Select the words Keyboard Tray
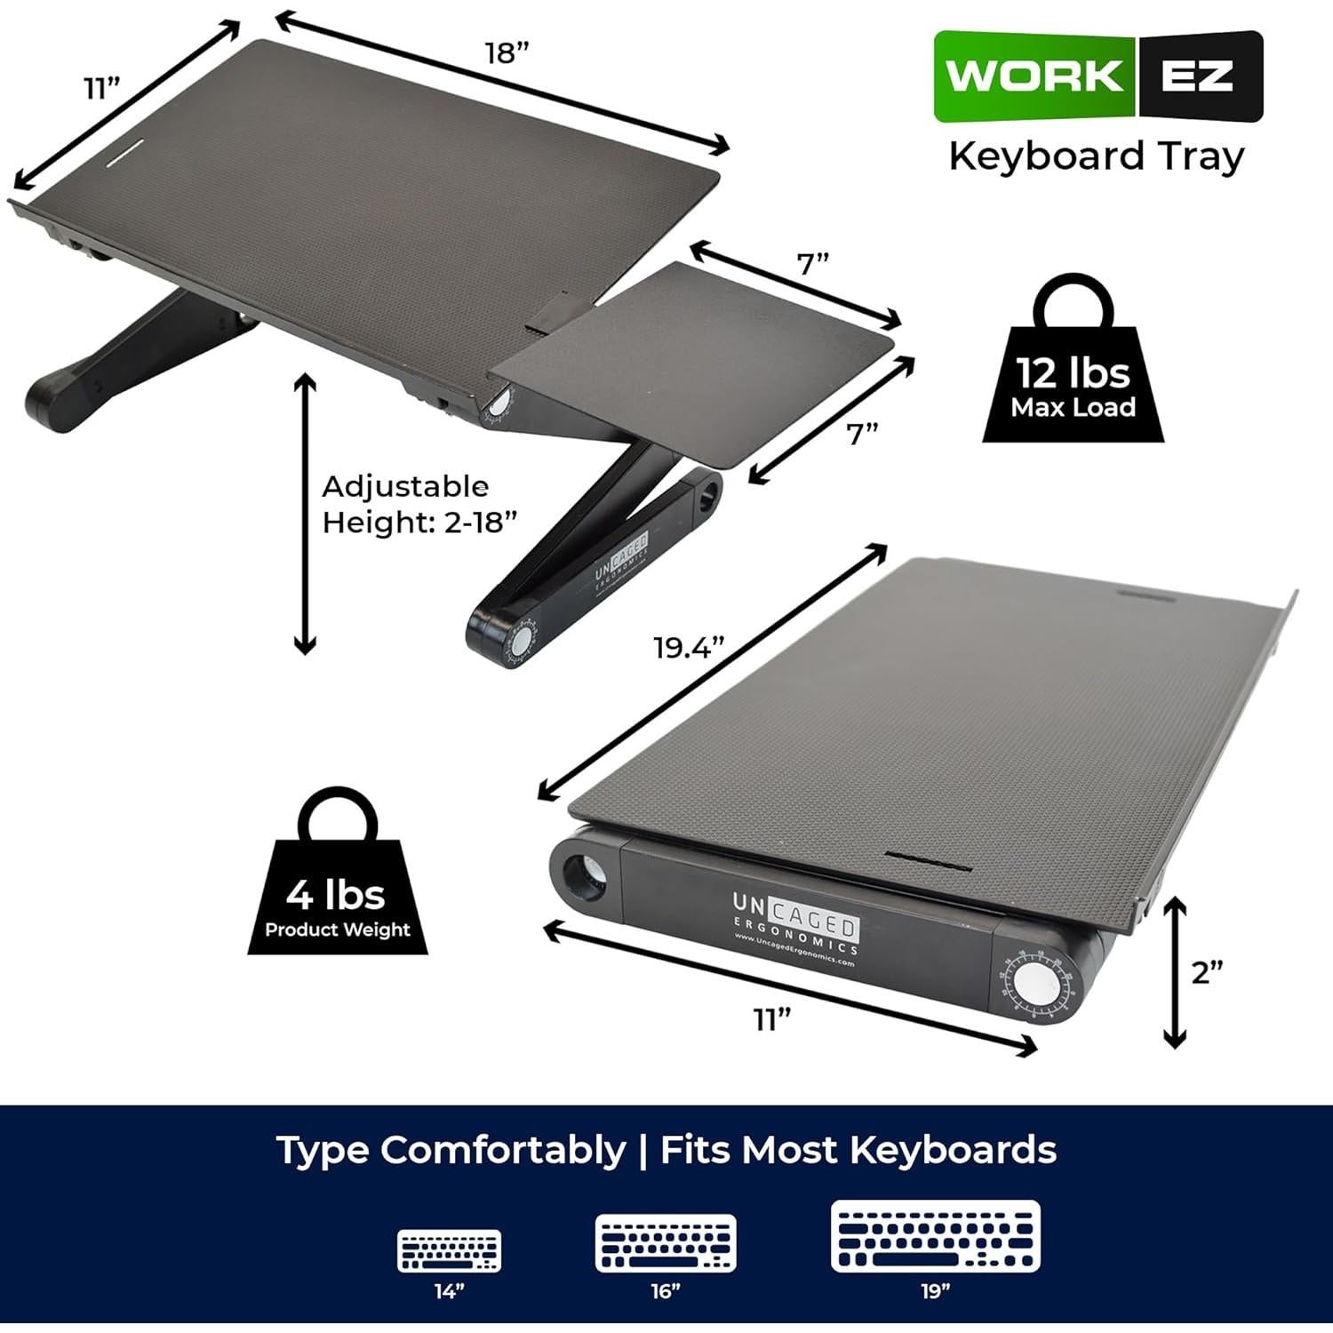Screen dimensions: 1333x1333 [x=1096, y=156]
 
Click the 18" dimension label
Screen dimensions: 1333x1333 [x=507, y=53]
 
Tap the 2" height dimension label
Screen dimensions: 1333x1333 [x=1207, y=972]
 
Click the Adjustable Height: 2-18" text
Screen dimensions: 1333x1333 [x=418, y=504]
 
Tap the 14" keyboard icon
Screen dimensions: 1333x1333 [x=450, y=1250]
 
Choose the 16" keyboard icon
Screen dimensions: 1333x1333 [x=666, y=1242]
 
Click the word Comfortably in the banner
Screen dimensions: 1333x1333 [x=502, y=1150]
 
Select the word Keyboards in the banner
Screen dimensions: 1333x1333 [x=953, y=1150]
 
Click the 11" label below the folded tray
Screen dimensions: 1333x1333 [x=772, y=1020]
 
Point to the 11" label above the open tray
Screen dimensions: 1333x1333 [x=102, y=89]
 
